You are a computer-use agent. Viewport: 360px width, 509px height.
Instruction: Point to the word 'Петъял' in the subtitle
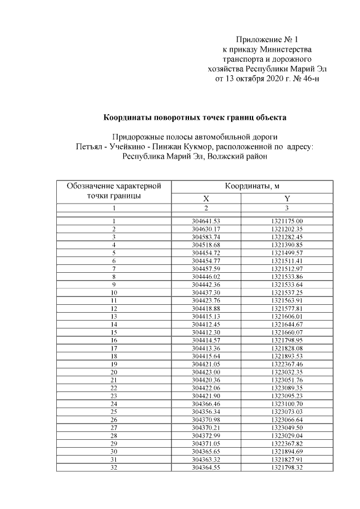click(x=88, y=147)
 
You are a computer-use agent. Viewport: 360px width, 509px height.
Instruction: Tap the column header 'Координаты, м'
click(x=253, y=186)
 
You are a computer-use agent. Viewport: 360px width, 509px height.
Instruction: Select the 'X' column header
click(x=206, y=199)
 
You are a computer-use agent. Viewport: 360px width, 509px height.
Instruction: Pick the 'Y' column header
click(x=287, y=199)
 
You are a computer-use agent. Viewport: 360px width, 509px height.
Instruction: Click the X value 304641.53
click(x=206, y=222)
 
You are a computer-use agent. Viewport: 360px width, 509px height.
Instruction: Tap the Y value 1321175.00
click(x=287, y=222)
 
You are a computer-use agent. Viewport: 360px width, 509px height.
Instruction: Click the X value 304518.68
click(x=206, y=245)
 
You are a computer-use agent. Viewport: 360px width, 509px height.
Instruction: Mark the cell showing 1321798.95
click(x=287, y=341)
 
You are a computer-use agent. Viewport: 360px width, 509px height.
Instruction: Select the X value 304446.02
click(x=206, y=277)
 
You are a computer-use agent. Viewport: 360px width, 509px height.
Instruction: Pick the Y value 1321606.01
click(x=287, y=317)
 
